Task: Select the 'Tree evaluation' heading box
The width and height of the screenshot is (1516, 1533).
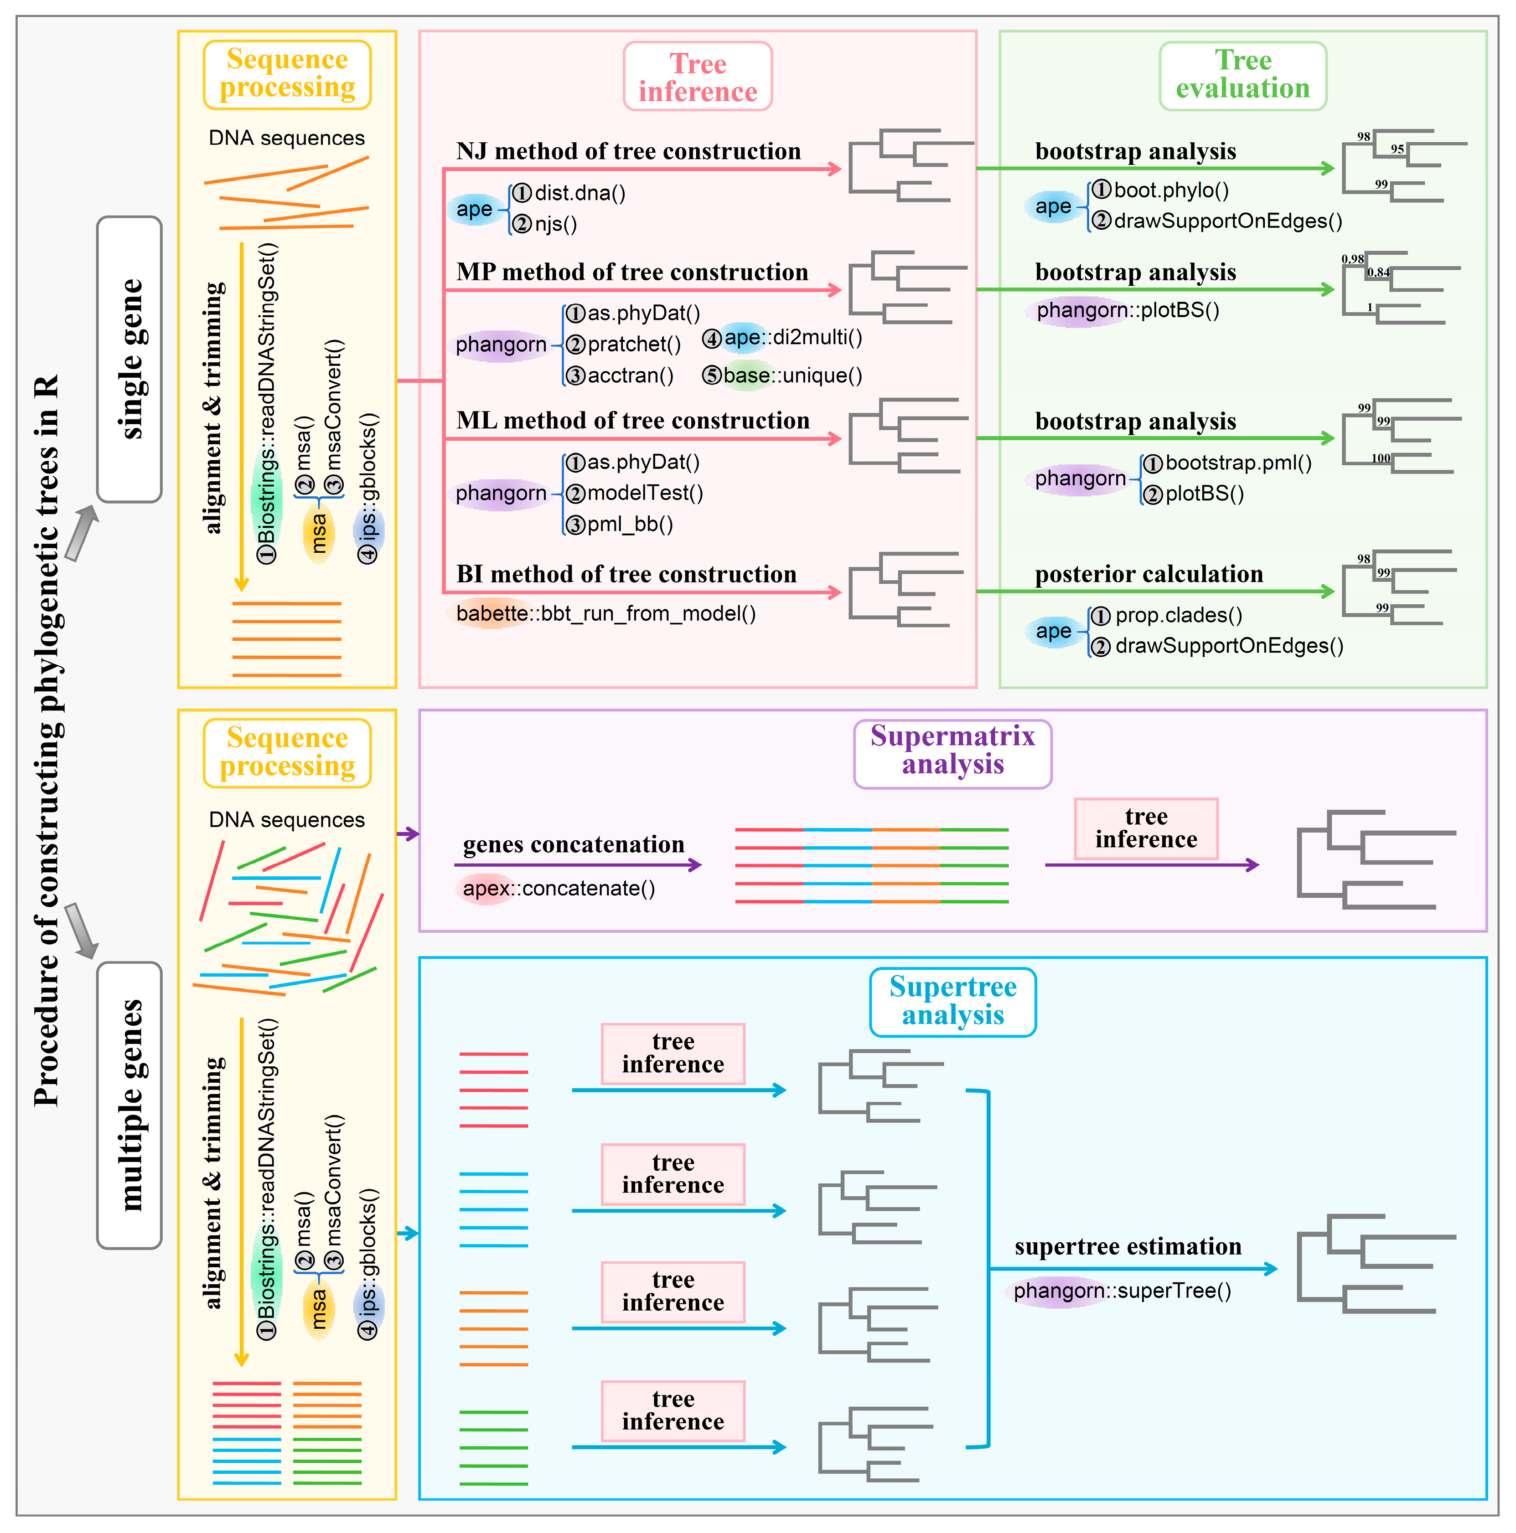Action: (1242, 75)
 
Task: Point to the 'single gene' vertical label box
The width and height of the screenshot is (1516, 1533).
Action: (129, 359)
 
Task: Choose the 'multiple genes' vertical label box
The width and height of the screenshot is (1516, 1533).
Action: (129, 1105)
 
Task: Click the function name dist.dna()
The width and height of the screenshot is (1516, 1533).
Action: (579, 193)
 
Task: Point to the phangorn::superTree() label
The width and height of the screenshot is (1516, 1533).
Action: (1122, 1291)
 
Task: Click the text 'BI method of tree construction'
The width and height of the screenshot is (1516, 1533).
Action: (626, 574)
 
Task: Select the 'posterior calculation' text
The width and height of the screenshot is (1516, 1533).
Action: (1148, 574)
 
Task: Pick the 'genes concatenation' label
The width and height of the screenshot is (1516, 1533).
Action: (573, 844)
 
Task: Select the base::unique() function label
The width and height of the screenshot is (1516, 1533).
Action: (792, 376)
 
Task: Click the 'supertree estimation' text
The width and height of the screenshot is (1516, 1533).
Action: (1127, 1246)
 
